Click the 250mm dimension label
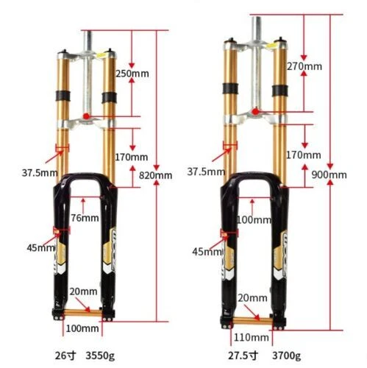click(x=132, y=74)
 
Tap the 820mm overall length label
click(x=155, y=175)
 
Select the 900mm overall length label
click(x=329, y=174)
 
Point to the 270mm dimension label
click(x=304, y=66)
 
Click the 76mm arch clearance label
click(x=85, y=218)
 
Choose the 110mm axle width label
click(x=252, y=338)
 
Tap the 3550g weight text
click(x=100, y=355)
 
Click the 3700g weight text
click(x=286, y=355)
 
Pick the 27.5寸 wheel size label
click(x=243, y=355)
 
